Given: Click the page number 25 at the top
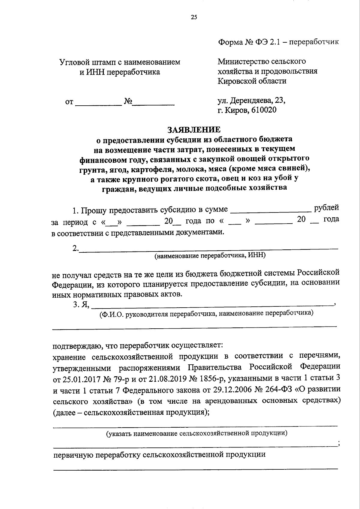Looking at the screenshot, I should pyautogui.click(x=194, y=17).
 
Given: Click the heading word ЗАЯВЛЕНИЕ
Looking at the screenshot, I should pyautogui.click(x=194, y=129).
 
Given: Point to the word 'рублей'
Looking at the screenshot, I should pyautogui.click(x=326, y=207).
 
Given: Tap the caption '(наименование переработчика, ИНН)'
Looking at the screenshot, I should pyautogui.click(x=210, y=256).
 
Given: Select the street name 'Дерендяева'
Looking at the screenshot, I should pyautogui.click(x=251, y=100).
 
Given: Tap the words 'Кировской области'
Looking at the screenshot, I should pyautogui.click(x=252, y=81).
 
